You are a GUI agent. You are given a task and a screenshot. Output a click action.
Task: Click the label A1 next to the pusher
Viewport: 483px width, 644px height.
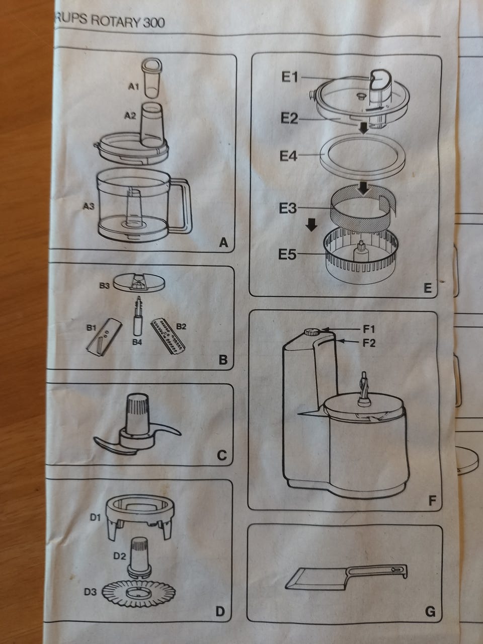pos(133,87)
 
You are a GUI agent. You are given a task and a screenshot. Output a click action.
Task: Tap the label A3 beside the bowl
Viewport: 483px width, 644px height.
pos(89,207)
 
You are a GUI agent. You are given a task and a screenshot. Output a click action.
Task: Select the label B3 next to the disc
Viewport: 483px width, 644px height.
pos(105,285)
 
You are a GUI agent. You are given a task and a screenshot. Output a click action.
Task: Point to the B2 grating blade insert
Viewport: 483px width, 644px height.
pos(168,338)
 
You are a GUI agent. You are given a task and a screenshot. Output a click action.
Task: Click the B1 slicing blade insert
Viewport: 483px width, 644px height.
pos(104,338)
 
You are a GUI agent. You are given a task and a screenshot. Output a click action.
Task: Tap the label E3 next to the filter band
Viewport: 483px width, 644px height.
pos(288,208)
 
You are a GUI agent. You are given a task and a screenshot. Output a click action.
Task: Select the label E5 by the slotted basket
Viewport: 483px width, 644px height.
pos(287,254)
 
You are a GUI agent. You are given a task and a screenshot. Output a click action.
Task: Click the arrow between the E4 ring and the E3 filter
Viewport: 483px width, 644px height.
pos(363,188)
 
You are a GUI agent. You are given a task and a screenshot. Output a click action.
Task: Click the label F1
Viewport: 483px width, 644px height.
pos(369,329)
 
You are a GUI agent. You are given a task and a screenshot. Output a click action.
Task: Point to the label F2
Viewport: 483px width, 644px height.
pos(369,343)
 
